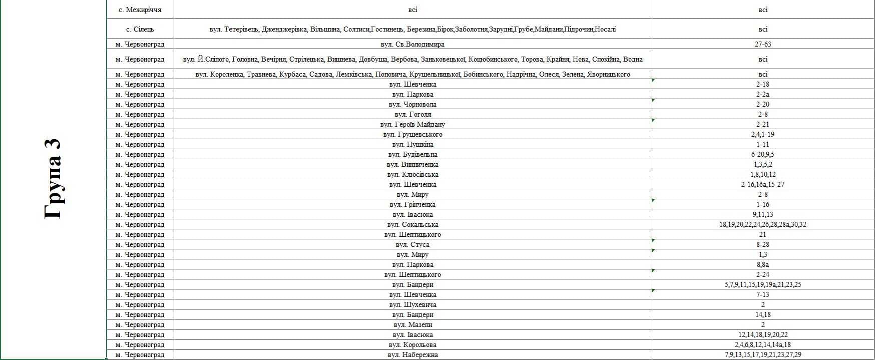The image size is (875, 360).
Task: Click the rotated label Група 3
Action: (x=53, y=179)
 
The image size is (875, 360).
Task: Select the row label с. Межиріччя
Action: (x=140, y=10)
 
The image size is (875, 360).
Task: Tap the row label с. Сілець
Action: (x=140, y=30)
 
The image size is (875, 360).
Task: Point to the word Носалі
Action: (x=605, y=30)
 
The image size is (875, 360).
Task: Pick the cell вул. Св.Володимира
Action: (x=412, y=45)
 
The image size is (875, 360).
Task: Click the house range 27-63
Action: (x=762, y=45)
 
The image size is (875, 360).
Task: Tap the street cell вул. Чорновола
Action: (x=412, y=105)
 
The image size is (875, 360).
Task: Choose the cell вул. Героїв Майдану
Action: (x=412, y=125)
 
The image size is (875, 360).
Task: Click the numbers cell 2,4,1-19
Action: (x=762, y=135)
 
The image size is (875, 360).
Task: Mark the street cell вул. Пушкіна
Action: (x=412, y=145)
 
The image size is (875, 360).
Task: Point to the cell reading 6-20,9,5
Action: (x=762, y=155)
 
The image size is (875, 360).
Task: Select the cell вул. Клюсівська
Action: (x=412, y=175)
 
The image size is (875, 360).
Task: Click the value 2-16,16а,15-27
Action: (x=762, y=185)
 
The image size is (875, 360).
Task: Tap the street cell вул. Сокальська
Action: (x=412, y=225)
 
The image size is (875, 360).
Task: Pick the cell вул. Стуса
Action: (x=412, y=245)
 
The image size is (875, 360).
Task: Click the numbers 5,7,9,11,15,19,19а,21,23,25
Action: (x=762, y=285)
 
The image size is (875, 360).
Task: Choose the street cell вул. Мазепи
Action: (x=412, y=325)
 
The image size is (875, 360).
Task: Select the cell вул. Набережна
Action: (x=412, y=355)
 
